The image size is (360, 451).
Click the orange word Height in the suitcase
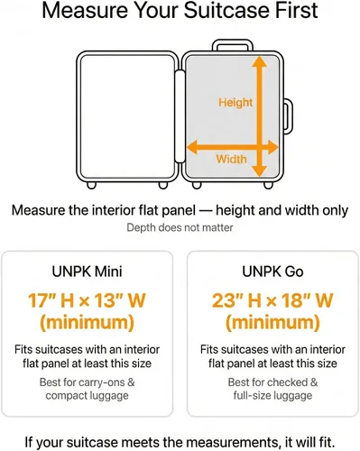tap(235, 102)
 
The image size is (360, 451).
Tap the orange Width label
tap(231, 159)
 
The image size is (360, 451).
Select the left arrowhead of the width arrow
tap(192, 147)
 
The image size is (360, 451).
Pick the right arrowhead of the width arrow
tap(273, 147)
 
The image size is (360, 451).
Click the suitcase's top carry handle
tap(233, 45)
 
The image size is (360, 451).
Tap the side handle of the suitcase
tap(288, 115)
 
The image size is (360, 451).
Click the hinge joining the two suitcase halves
tap(180, 116)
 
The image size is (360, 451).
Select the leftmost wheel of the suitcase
tap(91, 185)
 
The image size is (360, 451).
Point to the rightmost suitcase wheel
tap(268, 185)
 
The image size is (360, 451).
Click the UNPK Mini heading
tap(87, 272)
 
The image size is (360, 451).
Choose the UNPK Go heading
tap(272, 272)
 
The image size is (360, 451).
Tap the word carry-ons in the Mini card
tap(101, 382)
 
